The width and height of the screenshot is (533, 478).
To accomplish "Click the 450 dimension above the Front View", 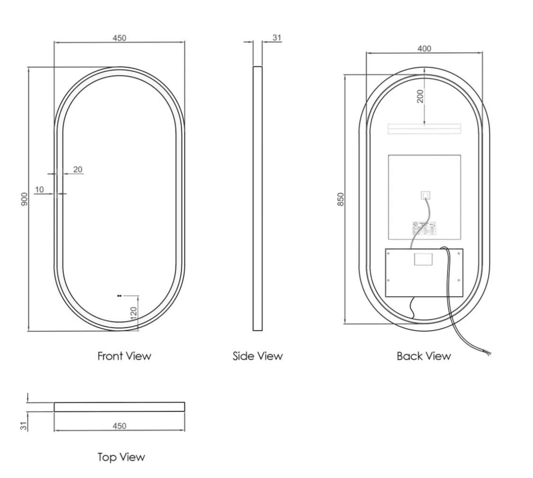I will [x=119, y=38].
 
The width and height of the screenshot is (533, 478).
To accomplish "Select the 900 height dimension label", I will [x=25, y=199].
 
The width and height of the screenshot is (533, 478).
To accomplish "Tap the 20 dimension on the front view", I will [x=78, y=169].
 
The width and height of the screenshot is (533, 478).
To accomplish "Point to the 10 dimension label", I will [x=39, y=189].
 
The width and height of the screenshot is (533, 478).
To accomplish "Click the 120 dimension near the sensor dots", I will [x=133, y=312].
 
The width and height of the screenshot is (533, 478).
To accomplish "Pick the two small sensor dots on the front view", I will [x=119, y=296].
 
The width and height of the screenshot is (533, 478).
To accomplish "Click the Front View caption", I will [x=124, y=355].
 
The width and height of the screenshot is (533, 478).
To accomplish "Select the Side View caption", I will [x=258, y=355].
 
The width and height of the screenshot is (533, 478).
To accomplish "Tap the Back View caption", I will [x=424, y=355].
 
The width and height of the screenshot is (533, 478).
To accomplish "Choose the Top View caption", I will [x=121, y=457].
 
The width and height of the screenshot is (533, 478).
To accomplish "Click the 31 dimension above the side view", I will [x=277, y=38].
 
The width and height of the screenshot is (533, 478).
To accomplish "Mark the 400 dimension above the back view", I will [x=425, y=49].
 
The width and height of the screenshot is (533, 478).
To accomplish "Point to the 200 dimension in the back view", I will [x=420, y=96].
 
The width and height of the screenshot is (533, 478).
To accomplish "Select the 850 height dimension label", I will [x=341, y=199].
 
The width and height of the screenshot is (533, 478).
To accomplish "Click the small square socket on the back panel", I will [x=426, y=195].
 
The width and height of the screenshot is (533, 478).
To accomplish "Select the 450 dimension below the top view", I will [x=119, y=426].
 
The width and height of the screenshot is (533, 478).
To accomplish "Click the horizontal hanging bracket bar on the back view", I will [x=424, y=129].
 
